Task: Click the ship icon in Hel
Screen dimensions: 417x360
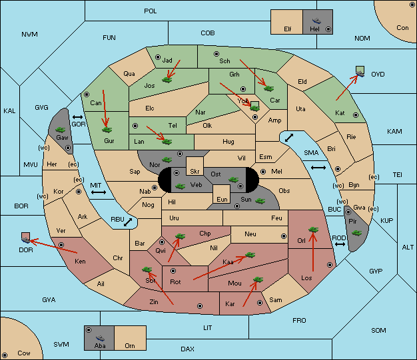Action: tap(316, 21)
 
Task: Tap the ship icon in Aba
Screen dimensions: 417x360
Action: tap(100, 338)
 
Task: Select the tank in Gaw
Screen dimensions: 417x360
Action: tap(61, 130)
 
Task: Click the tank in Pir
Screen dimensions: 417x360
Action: tap(356, 233)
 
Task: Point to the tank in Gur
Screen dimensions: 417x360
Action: tap(107, 130)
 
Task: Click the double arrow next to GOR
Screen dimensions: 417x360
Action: tap(77, 117)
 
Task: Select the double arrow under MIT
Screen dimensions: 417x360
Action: tap(99, 192)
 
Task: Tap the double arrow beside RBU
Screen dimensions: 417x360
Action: tap(128, 222)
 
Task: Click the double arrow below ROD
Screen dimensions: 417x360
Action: tap(340, 244)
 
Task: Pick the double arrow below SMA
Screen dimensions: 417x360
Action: tap(318, 168)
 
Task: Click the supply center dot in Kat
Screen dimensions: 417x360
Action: tap(356, 115)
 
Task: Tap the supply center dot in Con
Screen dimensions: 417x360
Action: tap(412, 5)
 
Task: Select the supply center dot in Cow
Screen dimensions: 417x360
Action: tap(5, 355)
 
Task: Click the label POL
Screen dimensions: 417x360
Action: tap(151, 11)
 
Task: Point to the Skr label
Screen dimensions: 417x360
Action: tap(195, 172)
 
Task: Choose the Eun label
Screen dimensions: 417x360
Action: tap(222, 200)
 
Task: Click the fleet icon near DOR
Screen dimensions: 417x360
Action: tap(26, 238)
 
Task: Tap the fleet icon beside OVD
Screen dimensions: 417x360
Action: tap(360, 72)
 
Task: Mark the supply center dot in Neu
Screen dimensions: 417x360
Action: tap(284, 236)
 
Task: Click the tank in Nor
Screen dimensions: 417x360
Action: tap(167, 160)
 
